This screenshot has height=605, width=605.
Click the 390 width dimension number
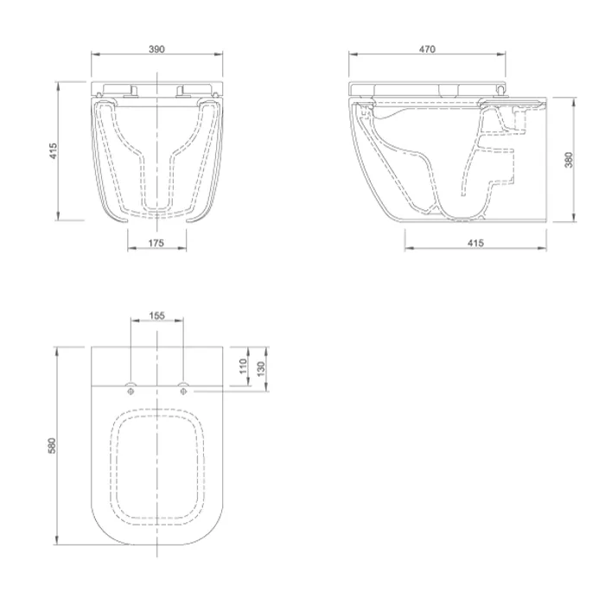tap(156, 49)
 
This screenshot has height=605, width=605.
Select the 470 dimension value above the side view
tap(427, 49)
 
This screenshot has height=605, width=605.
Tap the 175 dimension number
tap(156, 243)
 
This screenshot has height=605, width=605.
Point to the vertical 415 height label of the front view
tap(53, 151)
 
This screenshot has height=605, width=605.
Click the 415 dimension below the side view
tap(475, 243)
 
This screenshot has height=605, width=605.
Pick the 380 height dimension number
tap(569, 160)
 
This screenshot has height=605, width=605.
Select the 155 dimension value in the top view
tap(156, 315)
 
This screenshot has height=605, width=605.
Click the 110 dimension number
tap(243, 366)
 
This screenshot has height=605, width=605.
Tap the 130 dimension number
tap(261, 369)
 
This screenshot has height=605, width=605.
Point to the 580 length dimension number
tap(52, 445)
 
